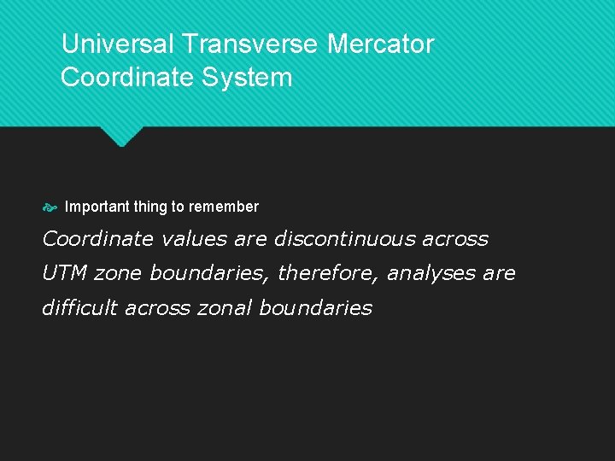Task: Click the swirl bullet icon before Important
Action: (x=50, y=207)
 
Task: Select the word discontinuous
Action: (x=344, y=239)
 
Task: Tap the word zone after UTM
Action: (x=119, y=273)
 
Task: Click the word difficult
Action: (x=80, y=307)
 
